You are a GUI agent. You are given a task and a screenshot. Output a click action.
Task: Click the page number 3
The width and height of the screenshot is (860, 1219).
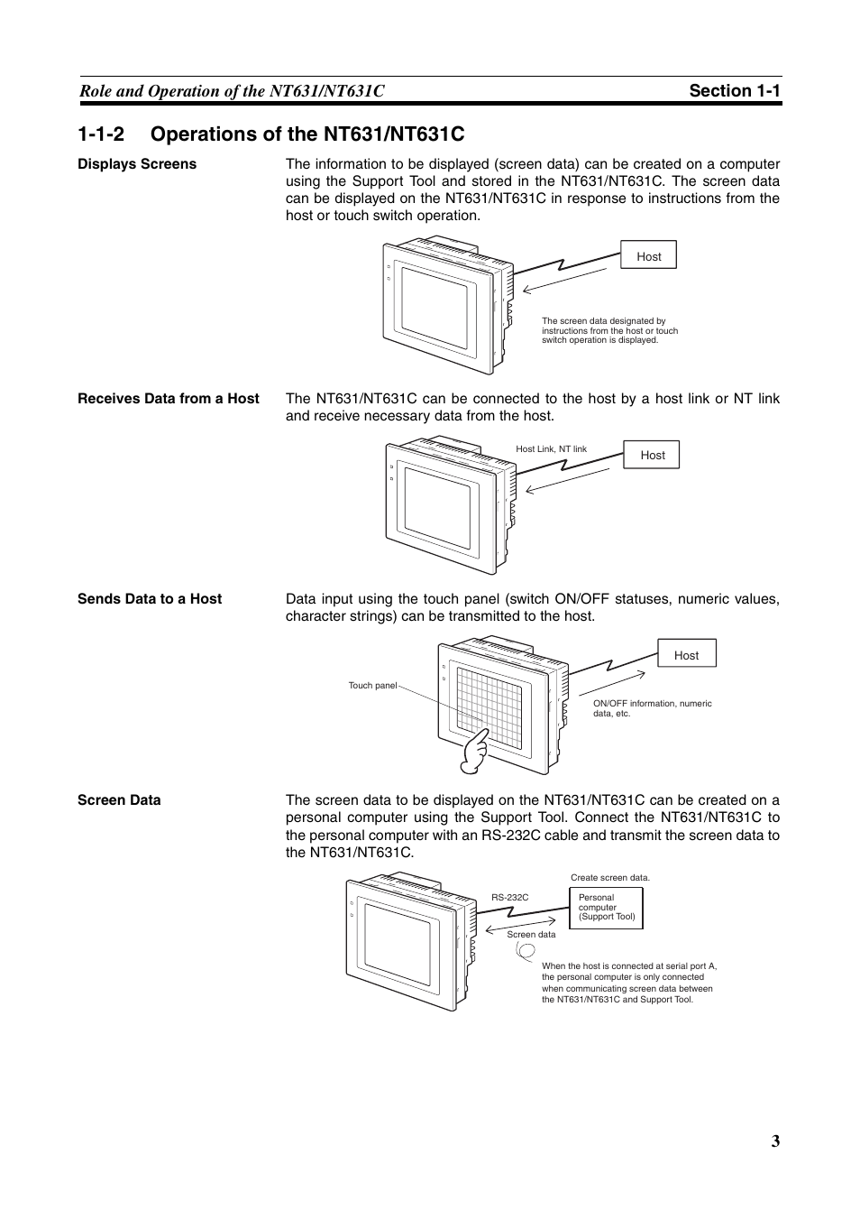pyautogui.click(x=775, y=1141)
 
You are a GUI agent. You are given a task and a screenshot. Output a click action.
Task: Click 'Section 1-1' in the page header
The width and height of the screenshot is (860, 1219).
pyautogui.click(x=735, y=90)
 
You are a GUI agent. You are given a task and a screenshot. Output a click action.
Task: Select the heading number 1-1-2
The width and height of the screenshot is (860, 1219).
pyautogui.click(x=101, y=134)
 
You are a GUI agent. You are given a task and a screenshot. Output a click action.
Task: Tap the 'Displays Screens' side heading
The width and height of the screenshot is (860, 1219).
pyautogui.click(x=137, y=164)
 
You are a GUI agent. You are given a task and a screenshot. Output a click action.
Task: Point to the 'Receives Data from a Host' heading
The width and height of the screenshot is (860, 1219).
pyautogui.click(x=169, y=398)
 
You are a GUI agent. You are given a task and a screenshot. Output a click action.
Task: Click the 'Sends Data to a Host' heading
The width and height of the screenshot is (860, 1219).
pyautogui.click(x=150, y=598)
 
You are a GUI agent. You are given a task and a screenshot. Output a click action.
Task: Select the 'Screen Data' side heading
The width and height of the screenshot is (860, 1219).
pyautogui.click(x=119, y=800)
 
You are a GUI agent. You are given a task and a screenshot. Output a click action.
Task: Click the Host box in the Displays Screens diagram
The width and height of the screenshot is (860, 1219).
pyautogui.click(x=648, y=254)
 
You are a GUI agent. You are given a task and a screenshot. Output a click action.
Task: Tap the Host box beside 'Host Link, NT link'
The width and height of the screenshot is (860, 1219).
pyautogui.click(x=651, y=455)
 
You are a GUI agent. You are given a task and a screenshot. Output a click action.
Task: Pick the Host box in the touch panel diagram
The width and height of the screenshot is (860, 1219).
pyautogui.click(x=687, y=653)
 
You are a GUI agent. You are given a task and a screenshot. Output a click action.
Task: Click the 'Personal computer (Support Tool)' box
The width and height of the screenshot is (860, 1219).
pyautogui.click(x=606, y=908)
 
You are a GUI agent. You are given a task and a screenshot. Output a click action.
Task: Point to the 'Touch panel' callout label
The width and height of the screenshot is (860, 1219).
pyautogui.click(x=373, y=686)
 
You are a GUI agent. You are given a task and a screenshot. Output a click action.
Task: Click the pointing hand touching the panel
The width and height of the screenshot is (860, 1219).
pyautogui.click(x=474, y=751)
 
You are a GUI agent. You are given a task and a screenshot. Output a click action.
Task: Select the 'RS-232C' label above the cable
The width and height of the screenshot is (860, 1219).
pyautogui.click(x=510, y=898)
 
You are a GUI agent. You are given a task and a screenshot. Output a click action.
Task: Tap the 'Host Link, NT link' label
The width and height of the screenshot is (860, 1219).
pyautogui.click(x=551, y=449)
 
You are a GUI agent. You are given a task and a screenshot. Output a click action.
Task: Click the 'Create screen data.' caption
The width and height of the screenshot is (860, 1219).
pyautogui.click(x=610, y=878)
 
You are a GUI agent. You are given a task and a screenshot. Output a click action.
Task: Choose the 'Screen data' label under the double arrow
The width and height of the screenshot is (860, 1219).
pyautogui.click(x=531, y=935)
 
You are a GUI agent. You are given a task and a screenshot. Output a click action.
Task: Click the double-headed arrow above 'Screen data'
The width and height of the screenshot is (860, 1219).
pyautogui.click(x=520, y=925)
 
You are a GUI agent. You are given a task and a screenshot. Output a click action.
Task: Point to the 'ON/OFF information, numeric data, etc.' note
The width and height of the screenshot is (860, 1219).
pyautogui.click(x=653, y=708)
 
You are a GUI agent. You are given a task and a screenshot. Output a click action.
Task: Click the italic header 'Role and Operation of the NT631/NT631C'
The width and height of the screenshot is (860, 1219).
pyautogui.click(x=232, y=91)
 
